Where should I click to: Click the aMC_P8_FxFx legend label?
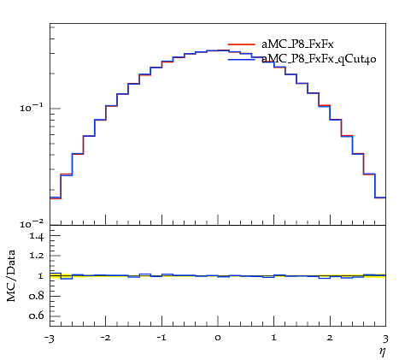(297, 44)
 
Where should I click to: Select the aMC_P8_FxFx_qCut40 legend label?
(319, 59)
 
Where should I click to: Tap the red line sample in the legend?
(242, 44)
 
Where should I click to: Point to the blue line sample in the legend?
(242, 59)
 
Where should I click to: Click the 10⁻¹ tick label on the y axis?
(32, 108)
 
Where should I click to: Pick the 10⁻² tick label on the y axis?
(32, 224)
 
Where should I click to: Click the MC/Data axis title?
(11, 275)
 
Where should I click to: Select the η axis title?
(383, 351)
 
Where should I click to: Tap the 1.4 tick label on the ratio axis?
(36, 236)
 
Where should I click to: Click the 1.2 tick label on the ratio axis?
(36, 255)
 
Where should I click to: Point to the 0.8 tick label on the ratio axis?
(36, 296)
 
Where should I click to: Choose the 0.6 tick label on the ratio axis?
(36, 316)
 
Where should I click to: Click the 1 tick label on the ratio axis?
(40, 276)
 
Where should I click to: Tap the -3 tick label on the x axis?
(50, 339)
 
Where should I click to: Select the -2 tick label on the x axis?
(105, 338)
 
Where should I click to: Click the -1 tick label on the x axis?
(161, 338)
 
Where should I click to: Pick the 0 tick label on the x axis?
(218, 338)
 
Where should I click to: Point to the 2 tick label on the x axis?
(330, 338)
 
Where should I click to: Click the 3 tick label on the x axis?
(385, 339)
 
